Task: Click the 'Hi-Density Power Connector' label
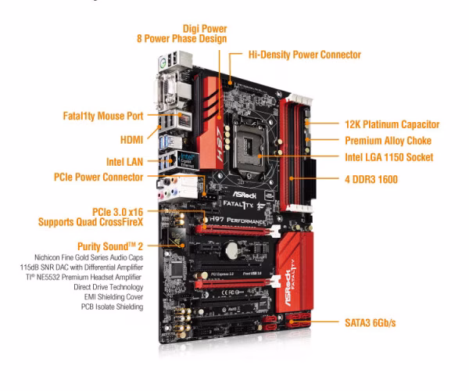pos(305,55)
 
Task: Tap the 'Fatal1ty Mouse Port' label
pos(103,116)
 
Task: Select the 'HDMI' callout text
pos(131,140)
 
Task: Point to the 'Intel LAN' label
pos(124,162)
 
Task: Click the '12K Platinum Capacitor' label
pos(392,124)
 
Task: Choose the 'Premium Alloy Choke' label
pos(388,141)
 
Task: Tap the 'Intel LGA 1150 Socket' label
pos(388,157)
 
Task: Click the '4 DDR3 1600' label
pos(371,180)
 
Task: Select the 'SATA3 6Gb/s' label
pos(370,323)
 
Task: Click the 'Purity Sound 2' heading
pos(110,246)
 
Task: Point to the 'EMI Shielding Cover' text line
pos(113,296)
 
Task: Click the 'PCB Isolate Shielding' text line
pos(112,307)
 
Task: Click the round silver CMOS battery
pos(231,250)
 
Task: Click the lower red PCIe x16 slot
pos(236,283)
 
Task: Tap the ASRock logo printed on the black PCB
pos(245,195)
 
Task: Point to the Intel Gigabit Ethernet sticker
pos(188,160)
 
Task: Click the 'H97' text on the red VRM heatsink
pos(220,144)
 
